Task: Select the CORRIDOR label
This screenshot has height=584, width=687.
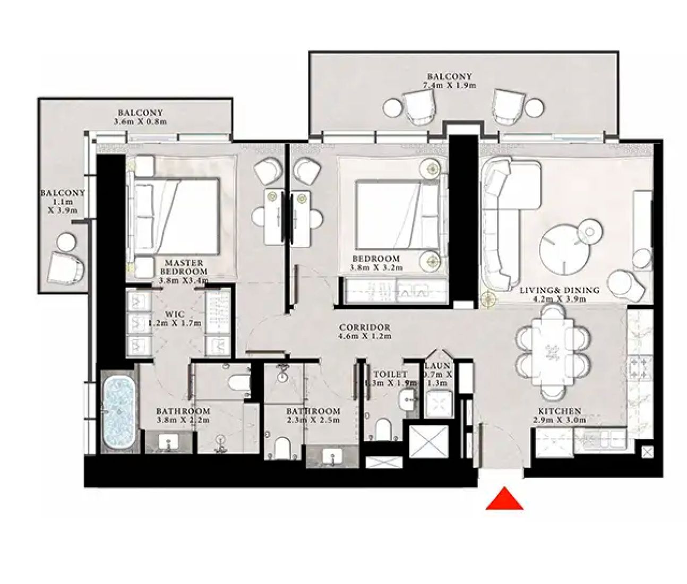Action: point(365,328)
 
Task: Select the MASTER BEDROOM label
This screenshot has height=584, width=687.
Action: point(184,267)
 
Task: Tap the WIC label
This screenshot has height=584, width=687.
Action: point(175,314)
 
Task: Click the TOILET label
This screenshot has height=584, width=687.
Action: point(390,374)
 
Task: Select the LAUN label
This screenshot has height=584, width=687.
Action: point(437,366)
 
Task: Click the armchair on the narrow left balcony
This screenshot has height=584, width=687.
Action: point(66,269)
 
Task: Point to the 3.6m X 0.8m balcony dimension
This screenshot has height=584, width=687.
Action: point(140,122)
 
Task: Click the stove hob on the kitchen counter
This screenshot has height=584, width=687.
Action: point(639,367)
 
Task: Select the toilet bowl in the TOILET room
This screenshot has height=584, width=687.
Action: point(383,429)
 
